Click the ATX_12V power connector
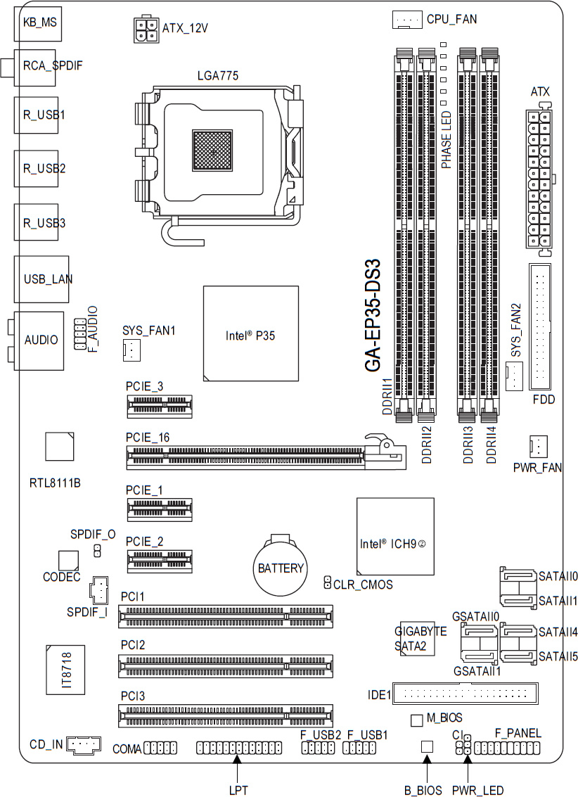(146, 30)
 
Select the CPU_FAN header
(407, 19)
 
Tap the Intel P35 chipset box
(251, 333)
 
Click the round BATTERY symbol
(280, 567)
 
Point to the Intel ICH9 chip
(396, 536)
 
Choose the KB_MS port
(38, 24)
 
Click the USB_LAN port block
(41, 279)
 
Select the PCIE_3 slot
(160, 407)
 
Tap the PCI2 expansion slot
(226, 666)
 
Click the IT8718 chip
(65, 670)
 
